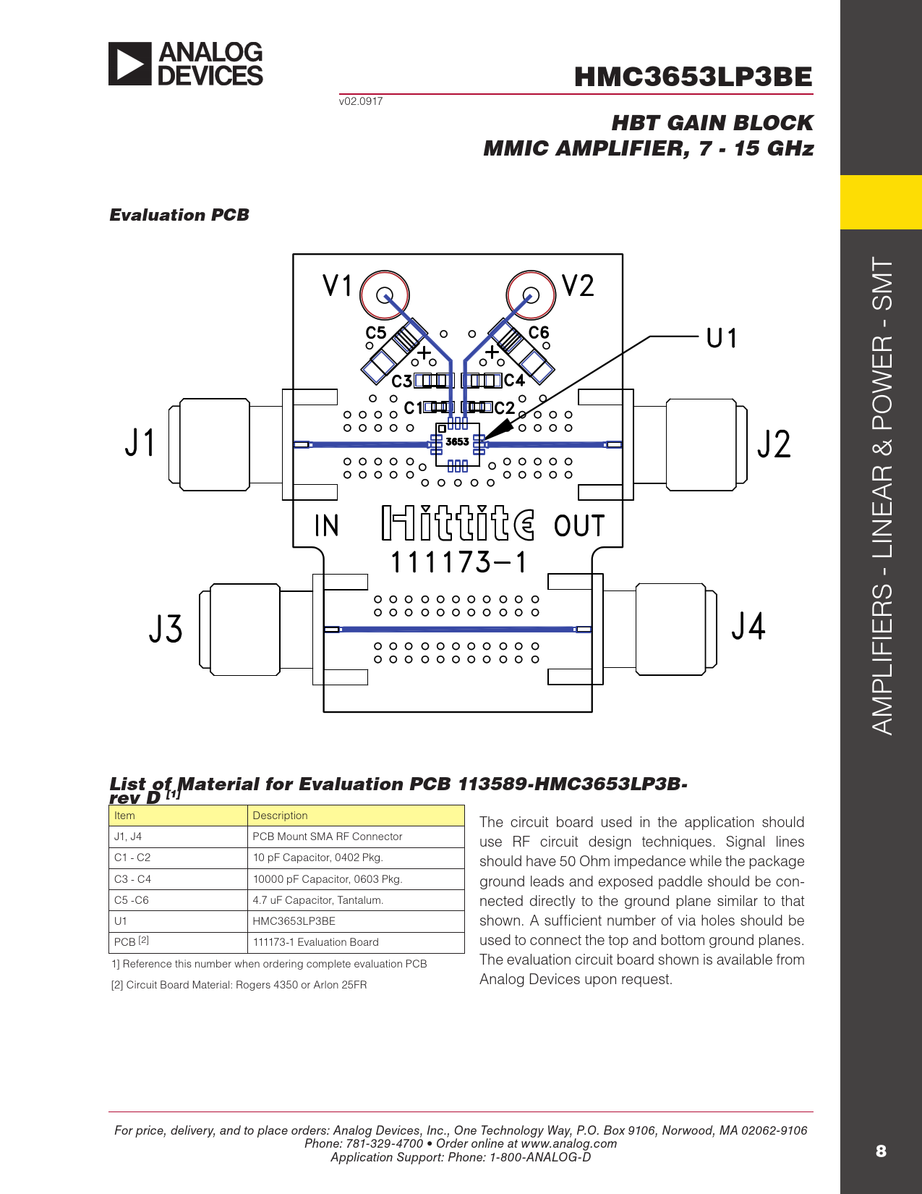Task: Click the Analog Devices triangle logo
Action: click(130, 64)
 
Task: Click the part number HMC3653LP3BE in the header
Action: click(693, 77)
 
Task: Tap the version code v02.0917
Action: click(361, 101)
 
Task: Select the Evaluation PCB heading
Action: click(179, 215)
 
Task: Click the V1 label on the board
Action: click(337, 286)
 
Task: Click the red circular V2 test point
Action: click(531, 295)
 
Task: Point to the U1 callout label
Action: click(721, 338)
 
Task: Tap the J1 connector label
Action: click(140, 442)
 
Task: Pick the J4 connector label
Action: click(748, 627)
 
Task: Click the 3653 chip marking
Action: click(457, 441)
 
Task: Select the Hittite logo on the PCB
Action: click(458, 523)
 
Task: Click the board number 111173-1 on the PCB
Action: click(458, 562)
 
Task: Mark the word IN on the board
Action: click(326, 526)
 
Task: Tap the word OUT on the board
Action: click(579, 526)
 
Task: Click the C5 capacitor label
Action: click(376, 333)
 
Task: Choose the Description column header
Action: click(280, 816)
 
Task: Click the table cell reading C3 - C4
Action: click(132, 879)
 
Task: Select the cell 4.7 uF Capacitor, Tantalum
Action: click(317, 900)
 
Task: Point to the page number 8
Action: click(880, 1151)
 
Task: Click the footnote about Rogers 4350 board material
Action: click(239, 985)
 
